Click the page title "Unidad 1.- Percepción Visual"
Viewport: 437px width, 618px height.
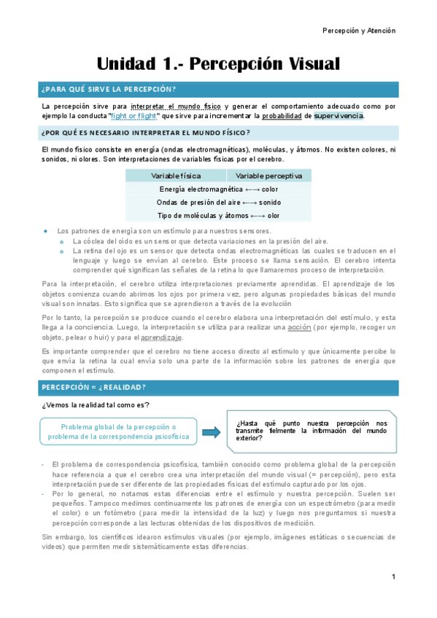(x=218, y=64)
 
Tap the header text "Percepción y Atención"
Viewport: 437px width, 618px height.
(x=359, y=31)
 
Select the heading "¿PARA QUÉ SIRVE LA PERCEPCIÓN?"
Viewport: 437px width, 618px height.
(x=109, y=90)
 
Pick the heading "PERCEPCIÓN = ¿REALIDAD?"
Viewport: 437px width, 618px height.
(x=93, y=387)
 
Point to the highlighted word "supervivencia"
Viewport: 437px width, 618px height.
(x=339, y=116)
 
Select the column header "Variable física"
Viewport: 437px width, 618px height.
(x=176, y=176)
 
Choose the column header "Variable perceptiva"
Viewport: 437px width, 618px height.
(x=268, y=176)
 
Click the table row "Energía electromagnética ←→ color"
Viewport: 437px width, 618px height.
(x=219, y=189)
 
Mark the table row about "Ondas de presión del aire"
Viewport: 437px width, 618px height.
(x=219, y=202)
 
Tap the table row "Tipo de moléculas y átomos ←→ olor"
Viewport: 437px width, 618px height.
(x=219, y=215)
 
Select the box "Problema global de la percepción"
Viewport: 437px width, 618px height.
(x=118, y=431)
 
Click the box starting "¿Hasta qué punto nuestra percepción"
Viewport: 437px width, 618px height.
(x=312, y=431)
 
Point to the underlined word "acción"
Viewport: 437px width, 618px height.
(x=299, y=327)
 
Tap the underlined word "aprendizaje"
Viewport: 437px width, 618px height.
(x=162, y=337)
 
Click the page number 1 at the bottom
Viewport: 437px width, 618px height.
(x=393, y=578)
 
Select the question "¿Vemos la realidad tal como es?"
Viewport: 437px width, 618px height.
(x=96, y=405)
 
